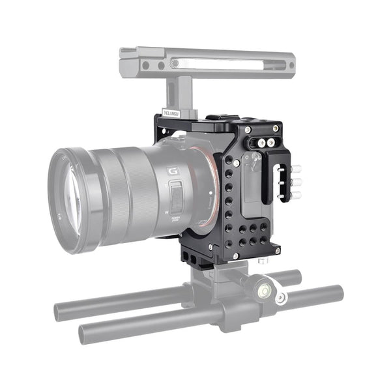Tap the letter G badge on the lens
click(x=173, y=171)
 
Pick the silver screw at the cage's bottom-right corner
click(x=277, y=250)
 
